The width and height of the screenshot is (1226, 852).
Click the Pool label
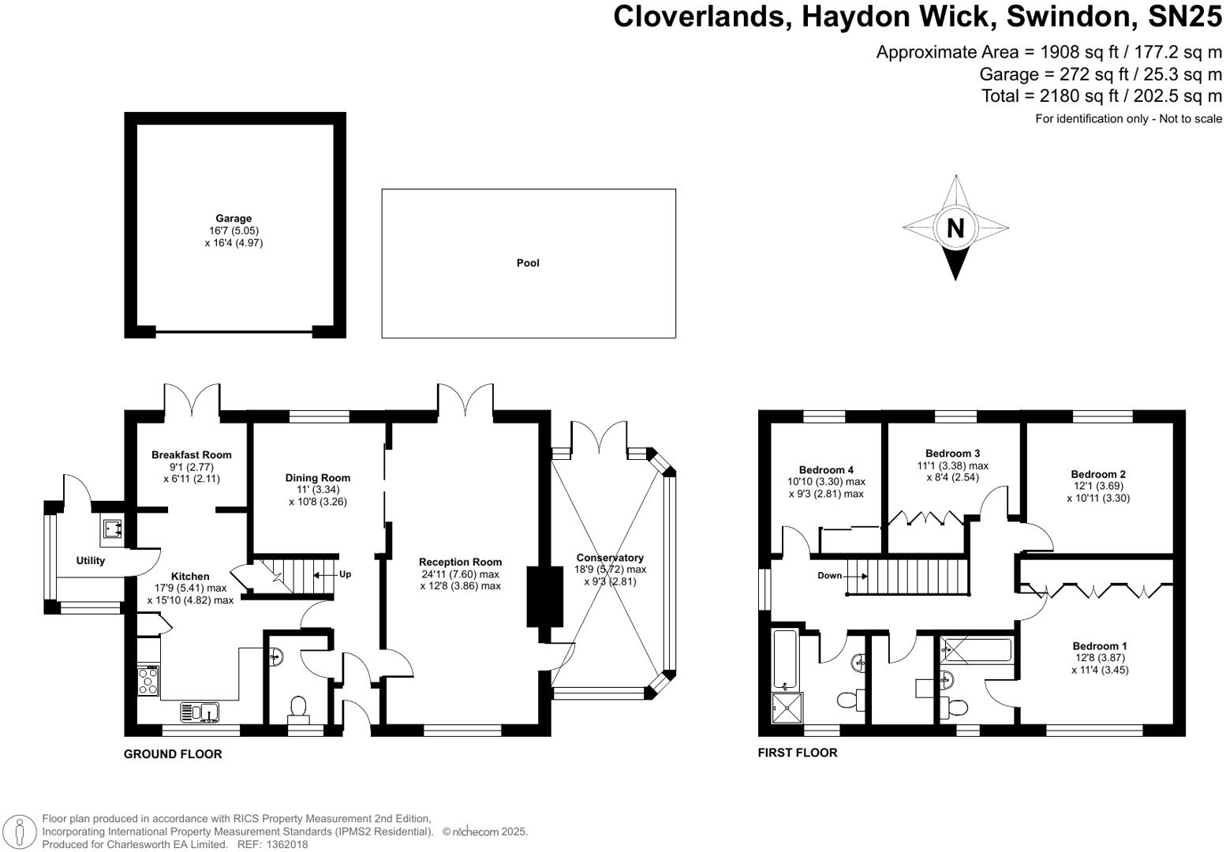[x=528, y=263]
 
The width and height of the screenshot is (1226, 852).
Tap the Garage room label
[x=234, y=219]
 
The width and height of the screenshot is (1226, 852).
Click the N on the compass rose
[x=955, y=229]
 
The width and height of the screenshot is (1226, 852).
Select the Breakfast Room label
[x=192, y=454]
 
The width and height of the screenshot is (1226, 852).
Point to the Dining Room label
[x=318, y=477]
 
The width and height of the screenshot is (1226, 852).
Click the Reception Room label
[x=460, y=562]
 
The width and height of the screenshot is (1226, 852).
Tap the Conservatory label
[x=609, y=558]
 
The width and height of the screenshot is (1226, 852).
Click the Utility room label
[x=91, y=561]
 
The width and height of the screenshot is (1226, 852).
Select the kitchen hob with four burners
[x=148, y=681]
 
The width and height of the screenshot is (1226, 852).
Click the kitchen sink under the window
[x=201, y=712]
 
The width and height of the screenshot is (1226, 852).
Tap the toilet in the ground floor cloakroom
[x=299, y=707]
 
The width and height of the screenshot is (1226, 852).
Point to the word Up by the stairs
[x=345, y=574]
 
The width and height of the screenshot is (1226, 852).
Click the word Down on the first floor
[x=829, y=576]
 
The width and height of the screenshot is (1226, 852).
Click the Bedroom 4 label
[x=826, y=469]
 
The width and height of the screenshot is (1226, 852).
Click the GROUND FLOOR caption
[x=173, y=754]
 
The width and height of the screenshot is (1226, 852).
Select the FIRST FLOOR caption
[x=798, y=753]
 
